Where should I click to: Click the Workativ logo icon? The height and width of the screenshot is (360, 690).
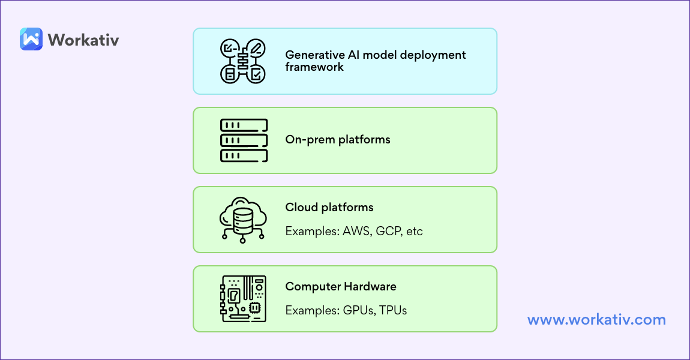click(31, 40)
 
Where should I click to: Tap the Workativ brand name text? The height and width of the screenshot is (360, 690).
click(83, 40)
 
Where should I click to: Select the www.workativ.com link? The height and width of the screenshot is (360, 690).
click(596, 319)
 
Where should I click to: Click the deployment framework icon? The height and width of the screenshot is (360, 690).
click(243, 61)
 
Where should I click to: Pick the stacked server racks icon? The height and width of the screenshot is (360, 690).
click(244, 140)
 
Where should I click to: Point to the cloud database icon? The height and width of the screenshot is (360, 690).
click(243, 220)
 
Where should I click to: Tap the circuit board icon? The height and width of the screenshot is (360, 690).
click(243, 299)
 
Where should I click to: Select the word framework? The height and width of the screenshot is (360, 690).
click(314, 67)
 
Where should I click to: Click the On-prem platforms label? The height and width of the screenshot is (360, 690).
click(338, 140)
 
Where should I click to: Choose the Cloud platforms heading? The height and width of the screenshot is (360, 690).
click(329, 207)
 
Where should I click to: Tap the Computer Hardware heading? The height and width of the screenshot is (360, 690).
click(341, 286)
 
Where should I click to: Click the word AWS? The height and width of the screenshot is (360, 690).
click(356, 231)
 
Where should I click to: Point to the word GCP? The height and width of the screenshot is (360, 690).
click(388, 231)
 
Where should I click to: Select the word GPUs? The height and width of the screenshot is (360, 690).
click(358, 310)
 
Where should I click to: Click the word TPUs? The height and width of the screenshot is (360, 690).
click(393, 310)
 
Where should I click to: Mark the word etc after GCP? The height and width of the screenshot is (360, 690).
click(415, 231)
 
